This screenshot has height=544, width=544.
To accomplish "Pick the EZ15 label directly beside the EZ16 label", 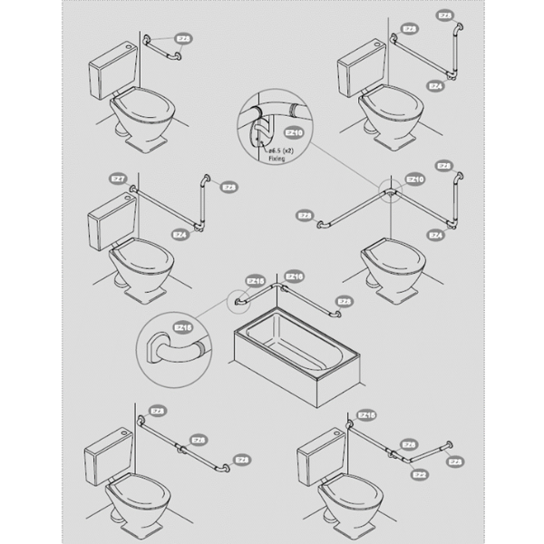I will (x=255, y=281).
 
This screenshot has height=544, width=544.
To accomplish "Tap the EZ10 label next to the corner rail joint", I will (x=413, y=180).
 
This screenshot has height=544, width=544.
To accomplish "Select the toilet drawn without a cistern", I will (x=390, y=266).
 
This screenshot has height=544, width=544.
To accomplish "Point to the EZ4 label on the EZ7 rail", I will (x=179, y=234).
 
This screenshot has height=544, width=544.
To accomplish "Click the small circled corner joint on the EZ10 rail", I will (x=391, y=192).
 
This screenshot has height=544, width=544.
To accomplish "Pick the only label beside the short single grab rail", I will (x=184, y=40).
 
